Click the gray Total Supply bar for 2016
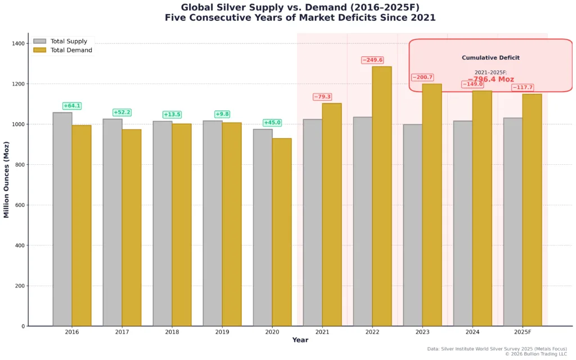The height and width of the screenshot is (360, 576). point(62,219)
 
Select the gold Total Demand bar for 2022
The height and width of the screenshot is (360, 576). point(382,196)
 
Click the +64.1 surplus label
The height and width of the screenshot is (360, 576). point(72,106)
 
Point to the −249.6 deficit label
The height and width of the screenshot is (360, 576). point(372,60)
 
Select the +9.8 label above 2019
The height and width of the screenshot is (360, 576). point(222,114)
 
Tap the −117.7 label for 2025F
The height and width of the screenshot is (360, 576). point(523,88)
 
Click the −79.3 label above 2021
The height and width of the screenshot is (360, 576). point(322,97)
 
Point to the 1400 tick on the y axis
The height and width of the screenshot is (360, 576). point(18,43)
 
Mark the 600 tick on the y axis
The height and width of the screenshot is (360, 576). point(20,205)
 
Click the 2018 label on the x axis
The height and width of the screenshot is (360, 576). point(172,332)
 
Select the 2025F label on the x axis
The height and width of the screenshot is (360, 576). point(523,332)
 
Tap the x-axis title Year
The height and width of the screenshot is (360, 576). point(300,340)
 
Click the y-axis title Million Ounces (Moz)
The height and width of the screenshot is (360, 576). point(7,179)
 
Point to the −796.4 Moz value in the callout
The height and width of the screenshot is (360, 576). point(490,80)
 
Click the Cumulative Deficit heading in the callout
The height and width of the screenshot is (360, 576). point(490,58)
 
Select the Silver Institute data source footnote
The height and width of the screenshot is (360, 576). point(497,349)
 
